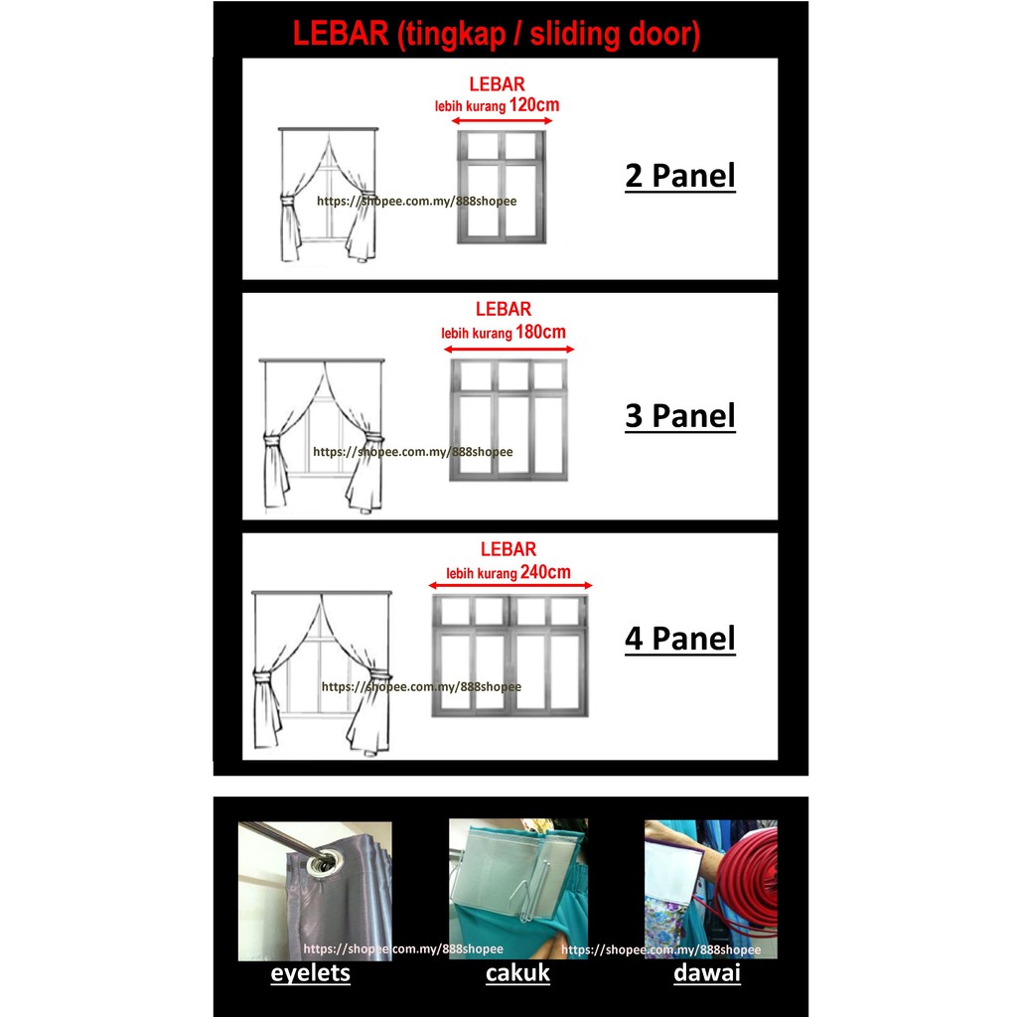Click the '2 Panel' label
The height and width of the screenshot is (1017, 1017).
679,177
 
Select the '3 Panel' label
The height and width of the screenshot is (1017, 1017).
679,416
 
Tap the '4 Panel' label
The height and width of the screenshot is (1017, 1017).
679,639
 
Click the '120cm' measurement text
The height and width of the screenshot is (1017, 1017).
533,104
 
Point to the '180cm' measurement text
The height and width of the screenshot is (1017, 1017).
540,332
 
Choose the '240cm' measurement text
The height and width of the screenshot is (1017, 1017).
545,572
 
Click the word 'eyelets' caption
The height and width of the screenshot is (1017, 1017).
310,973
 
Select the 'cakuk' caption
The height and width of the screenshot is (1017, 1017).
517,973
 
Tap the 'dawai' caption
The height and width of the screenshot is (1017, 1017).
707,973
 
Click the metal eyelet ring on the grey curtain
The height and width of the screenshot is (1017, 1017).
323,864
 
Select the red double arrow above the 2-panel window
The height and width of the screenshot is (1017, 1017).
502,120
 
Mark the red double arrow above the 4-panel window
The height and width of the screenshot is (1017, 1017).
510,586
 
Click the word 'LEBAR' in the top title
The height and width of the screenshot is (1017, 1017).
341,33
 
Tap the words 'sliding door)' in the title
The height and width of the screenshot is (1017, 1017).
615,35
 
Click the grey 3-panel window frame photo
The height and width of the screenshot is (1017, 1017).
508,420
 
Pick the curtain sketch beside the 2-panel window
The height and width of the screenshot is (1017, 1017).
328,196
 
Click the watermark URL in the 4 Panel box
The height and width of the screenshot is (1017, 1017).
421,686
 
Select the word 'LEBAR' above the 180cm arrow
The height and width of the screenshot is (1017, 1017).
504,309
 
